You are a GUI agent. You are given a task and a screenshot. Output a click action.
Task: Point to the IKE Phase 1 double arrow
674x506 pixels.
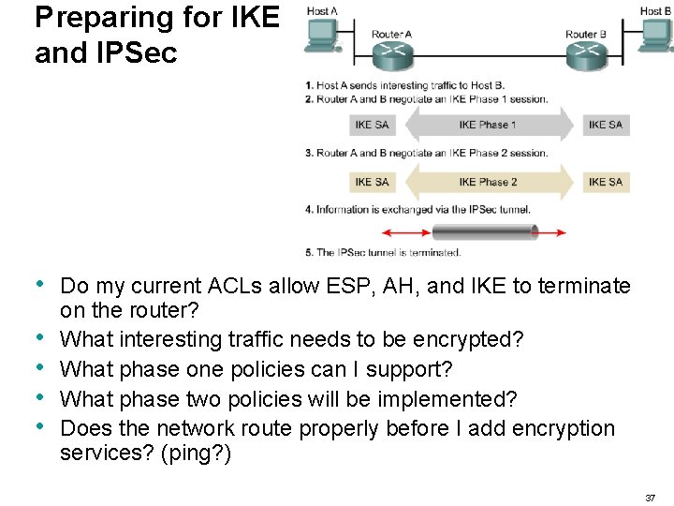(488, 125)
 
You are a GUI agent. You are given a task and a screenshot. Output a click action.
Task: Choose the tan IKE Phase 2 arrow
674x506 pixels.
(488, 182)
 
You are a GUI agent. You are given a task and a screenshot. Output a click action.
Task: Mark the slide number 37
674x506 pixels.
(651, 498)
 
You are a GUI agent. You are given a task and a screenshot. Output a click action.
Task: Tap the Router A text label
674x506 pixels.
(391, 35)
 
